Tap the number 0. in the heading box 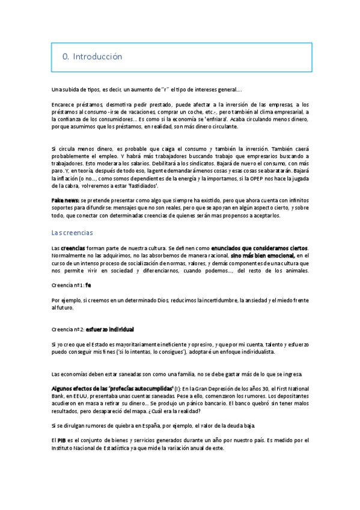(66, 57)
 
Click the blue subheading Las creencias (72, 232)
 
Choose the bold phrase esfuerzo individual (109, 329)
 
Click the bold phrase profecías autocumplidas (138, 389)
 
